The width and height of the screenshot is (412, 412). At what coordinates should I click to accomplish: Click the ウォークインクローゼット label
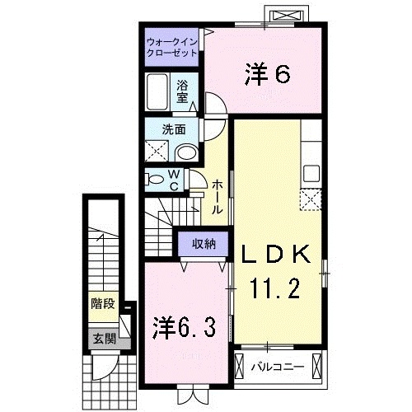click(x=172, y=45)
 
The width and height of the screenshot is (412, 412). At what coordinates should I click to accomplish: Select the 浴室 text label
click(x=184, y=90)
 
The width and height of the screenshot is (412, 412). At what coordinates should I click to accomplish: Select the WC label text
click(x=175, y=180)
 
